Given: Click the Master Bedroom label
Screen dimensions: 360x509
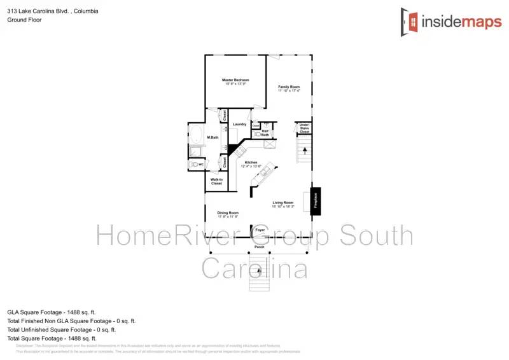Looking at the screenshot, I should pyautogui.click(x=235, y=80).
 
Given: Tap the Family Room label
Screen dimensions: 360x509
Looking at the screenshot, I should pyautogui.click(x=288, y=87).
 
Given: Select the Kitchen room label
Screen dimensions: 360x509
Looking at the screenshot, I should pyautogui.click(x=251, y=163).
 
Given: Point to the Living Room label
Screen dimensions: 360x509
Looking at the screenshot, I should pyautogui.click(x=282, y=203).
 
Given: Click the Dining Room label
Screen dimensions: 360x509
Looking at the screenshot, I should pyautogui.click(x=227, y=213).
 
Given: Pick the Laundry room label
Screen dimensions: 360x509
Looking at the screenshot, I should pyautogui.click(x=239, y=124).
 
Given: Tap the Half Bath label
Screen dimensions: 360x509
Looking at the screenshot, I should pyautogui.click(x=265, y=133).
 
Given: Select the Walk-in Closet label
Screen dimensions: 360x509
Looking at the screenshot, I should pyautogui.click(x=216, y=181).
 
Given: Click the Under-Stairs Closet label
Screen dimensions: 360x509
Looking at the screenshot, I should pyautogui.click(x=303, y=128).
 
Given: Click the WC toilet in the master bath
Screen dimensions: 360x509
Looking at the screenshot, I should pyautogui.click(x=195, y=165).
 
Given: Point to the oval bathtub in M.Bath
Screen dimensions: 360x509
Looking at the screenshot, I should pyautogui.click(x=197, y=134).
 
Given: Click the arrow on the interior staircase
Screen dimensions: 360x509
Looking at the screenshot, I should pyautogui.click(x=305, y=151).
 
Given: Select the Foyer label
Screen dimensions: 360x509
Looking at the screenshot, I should pyautogui.click(x=260, y=230).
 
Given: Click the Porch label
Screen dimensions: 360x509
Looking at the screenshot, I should pyautogui.click(x=259, y=246).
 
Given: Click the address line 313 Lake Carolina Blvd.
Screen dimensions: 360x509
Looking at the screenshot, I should pyautogui.click(x=52, y=11).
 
